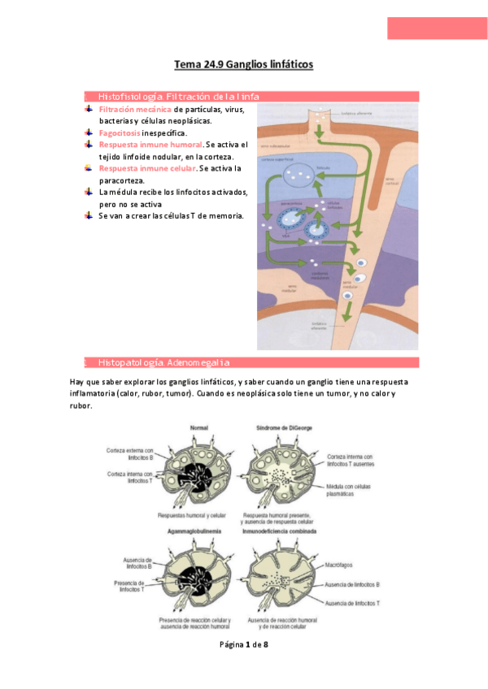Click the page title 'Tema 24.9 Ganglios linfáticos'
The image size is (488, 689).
tap(244, 64)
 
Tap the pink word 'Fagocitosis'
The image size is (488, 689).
tap(119, 132)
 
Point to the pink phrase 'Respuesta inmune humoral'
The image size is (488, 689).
tap(150, 145)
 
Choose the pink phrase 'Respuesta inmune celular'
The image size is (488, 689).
tap(147, 168)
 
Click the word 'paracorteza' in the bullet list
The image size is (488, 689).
tap(123, 180)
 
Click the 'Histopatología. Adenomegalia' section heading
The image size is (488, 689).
tap(163, 362)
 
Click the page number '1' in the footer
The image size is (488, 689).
tap(243, 644)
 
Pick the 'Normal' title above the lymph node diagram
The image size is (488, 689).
tap(199, 427)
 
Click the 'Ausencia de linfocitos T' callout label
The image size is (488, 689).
tap(352, 603)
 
